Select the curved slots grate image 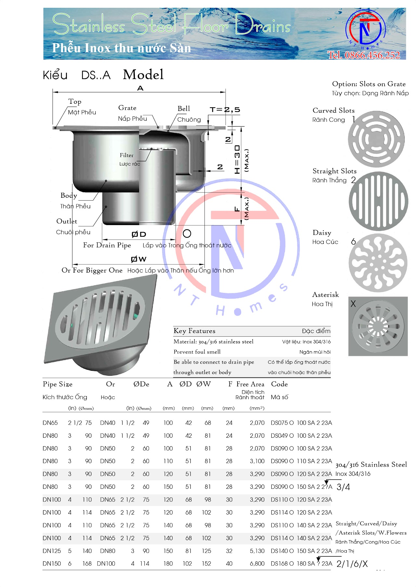coord(376,139)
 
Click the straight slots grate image coord(378,201)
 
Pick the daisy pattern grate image coord(378,263)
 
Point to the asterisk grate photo coord(378,326)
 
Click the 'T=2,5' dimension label coord(225,110)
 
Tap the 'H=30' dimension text coord(237,159)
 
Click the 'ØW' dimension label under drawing coord(138,259)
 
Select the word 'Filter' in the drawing coord(126,155)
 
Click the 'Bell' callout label coord(184,109)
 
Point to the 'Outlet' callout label coord(67,221)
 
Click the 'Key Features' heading coord(194,331)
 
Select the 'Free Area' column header coord(250,384)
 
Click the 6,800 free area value coord(257,564)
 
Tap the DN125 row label coord(52,551)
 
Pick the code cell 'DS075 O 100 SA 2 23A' coord(301,423)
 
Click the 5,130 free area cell coord(257,551)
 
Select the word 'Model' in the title coord(143,74)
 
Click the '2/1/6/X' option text coord(352,564)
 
